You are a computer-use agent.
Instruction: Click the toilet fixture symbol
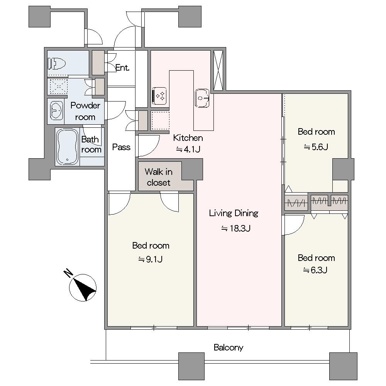(x=57, y=64)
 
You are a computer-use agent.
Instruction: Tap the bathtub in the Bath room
(x=67, y=147)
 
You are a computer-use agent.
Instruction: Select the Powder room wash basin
(x=56, y=111)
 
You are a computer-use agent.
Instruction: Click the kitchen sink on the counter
(x=202, y=98)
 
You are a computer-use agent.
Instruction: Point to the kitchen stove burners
(x=159, y=96)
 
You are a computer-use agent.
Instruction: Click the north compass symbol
(x=83, y=288)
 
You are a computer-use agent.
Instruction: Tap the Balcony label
(x=229, y=347)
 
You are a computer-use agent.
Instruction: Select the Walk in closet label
(x=159, y=177)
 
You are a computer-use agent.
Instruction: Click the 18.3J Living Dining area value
(x=236, y=229)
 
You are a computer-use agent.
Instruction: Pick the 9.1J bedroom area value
(x=151, y=259)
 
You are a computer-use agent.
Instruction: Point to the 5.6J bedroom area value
(x=316, y=147)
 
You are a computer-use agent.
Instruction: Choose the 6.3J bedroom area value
(x=315, y=270)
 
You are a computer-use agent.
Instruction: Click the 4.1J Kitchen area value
(x=188, y=149)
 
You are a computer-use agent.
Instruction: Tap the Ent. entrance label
(x=122, y=68)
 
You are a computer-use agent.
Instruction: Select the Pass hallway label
(x=121, y=147)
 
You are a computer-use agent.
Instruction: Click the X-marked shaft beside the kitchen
(x=218, y=70)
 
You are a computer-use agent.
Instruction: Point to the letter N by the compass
(x=68, y=274)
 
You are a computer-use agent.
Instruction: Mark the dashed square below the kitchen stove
(x=160, y=120)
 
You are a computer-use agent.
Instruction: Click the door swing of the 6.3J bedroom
(x=295, y=225)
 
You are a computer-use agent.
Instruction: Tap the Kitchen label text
(x=188, y=138)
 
